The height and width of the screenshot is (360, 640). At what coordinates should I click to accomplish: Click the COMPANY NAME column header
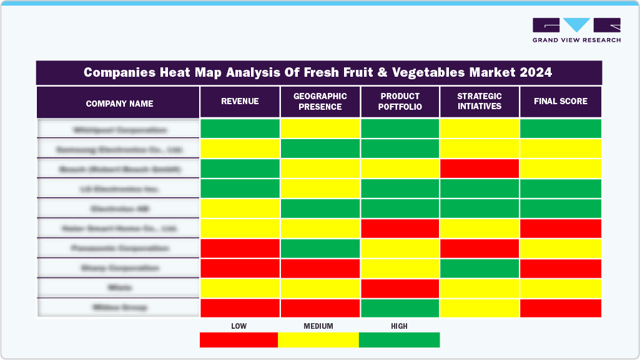[x=119, y=103]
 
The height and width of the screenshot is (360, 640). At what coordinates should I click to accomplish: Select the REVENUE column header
[x=240, y=101]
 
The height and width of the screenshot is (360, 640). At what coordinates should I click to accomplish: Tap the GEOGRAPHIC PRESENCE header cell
[x=320, y=102]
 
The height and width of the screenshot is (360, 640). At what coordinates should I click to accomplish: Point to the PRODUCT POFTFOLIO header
[x=400, y=102]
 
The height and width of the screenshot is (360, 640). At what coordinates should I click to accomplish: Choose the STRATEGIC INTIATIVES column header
[x=480, y=102]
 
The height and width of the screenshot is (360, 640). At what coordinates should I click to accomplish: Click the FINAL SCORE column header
[x=560, y=101]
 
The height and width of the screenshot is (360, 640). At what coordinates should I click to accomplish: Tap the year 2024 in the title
[x=534, y=72]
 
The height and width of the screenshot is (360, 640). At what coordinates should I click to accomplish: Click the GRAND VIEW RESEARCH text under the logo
[x=576, y=40]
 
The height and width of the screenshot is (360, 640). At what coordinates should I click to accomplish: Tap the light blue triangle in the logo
[x=576, y=25]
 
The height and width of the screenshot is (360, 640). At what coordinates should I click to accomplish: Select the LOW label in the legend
[x=239, y=326]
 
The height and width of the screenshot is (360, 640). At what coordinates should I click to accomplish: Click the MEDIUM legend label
[x=318, y=326]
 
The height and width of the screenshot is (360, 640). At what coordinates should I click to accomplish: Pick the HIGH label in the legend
[x=399, y=326]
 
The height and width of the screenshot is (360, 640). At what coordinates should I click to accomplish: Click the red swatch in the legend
[x=239, y=340]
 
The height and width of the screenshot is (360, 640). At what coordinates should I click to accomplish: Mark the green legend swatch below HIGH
[x=399, y=340]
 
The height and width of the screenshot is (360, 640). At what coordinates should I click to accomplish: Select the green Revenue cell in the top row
[x=240, y=129]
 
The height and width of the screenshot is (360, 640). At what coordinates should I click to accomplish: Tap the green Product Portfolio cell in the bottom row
[x=400, y=308]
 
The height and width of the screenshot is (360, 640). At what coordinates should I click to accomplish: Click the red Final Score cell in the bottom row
[x=560, y=308]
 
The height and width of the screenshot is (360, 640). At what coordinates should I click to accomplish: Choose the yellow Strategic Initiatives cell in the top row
[x=480, y=129]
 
